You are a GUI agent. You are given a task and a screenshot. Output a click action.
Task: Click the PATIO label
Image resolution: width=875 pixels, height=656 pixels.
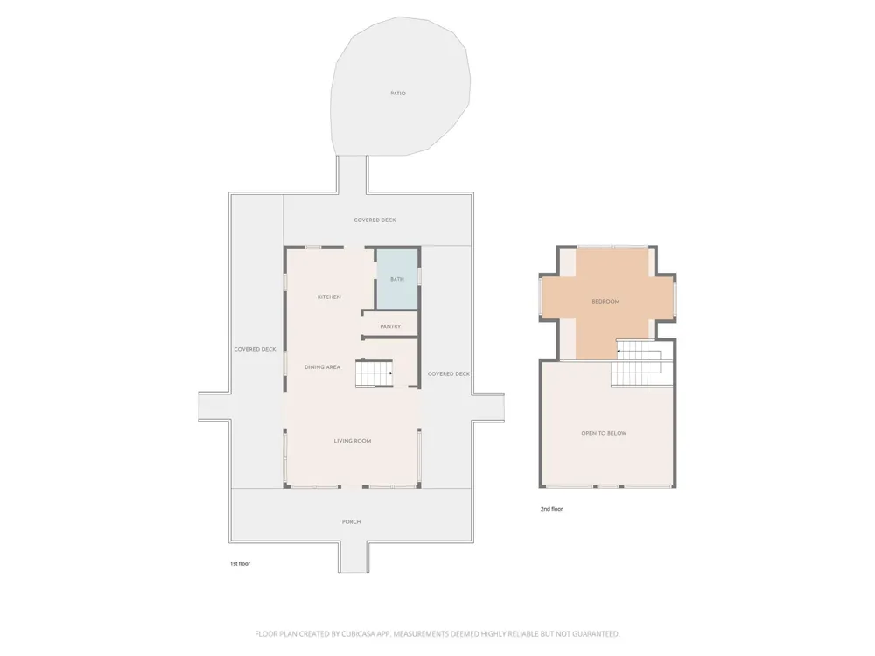(398, 94)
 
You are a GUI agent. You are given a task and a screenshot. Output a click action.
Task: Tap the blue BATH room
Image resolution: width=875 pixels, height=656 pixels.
(396, 279)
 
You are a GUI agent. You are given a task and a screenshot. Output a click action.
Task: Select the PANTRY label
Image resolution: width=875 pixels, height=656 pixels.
(390, 326)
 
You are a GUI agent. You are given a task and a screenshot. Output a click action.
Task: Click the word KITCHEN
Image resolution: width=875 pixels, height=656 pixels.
(329, 297)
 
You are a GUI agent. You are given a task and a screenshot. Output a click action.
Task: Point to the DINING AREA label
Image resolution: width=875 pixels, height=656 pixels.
(322, 367)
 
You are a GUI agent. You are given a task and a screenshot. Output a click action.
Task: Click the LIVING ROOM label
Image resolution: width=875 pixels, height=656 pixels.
(352, 441)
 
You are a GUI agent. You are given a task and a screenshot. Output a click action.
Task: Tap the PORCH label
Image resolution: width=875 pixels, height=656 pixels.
(351, 521)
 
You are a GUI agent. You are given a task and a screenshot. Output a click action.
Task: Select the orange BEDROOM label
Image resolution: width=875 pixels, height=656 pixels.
(605, 301)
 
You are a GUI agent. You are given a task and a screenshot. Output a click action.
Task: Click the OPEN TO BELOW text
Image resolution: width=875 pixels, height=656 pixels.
(604, 433)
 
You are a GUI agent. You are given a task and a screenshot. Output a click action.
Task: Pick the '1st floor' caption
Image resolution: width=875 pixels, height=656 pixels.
(240, 563)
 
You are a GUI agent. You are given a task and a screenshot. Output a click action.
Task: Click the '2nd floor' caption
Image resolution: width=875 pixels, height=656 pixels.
(551, 509)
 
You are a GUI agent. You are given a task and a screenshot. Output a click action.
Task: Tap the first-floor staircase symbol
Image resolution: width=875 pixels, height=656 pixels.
(374, 373)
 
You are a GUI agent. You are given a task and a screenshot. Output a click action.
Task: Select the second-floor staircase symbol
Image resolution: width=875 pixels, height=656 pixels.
(636, 363)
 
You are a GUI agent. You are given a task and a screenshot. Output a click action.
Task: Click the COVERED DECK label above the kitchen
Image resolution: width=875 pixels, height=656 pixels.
(374, 220)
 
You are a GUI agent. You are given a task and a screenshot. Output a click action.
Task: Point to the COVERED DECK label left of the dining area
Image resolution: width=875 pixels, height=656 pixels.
(255, 349)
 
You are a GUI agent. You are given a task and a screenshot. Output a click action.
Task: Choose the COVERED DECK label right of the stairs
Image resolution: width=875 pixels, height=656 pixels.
(449, 373)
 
